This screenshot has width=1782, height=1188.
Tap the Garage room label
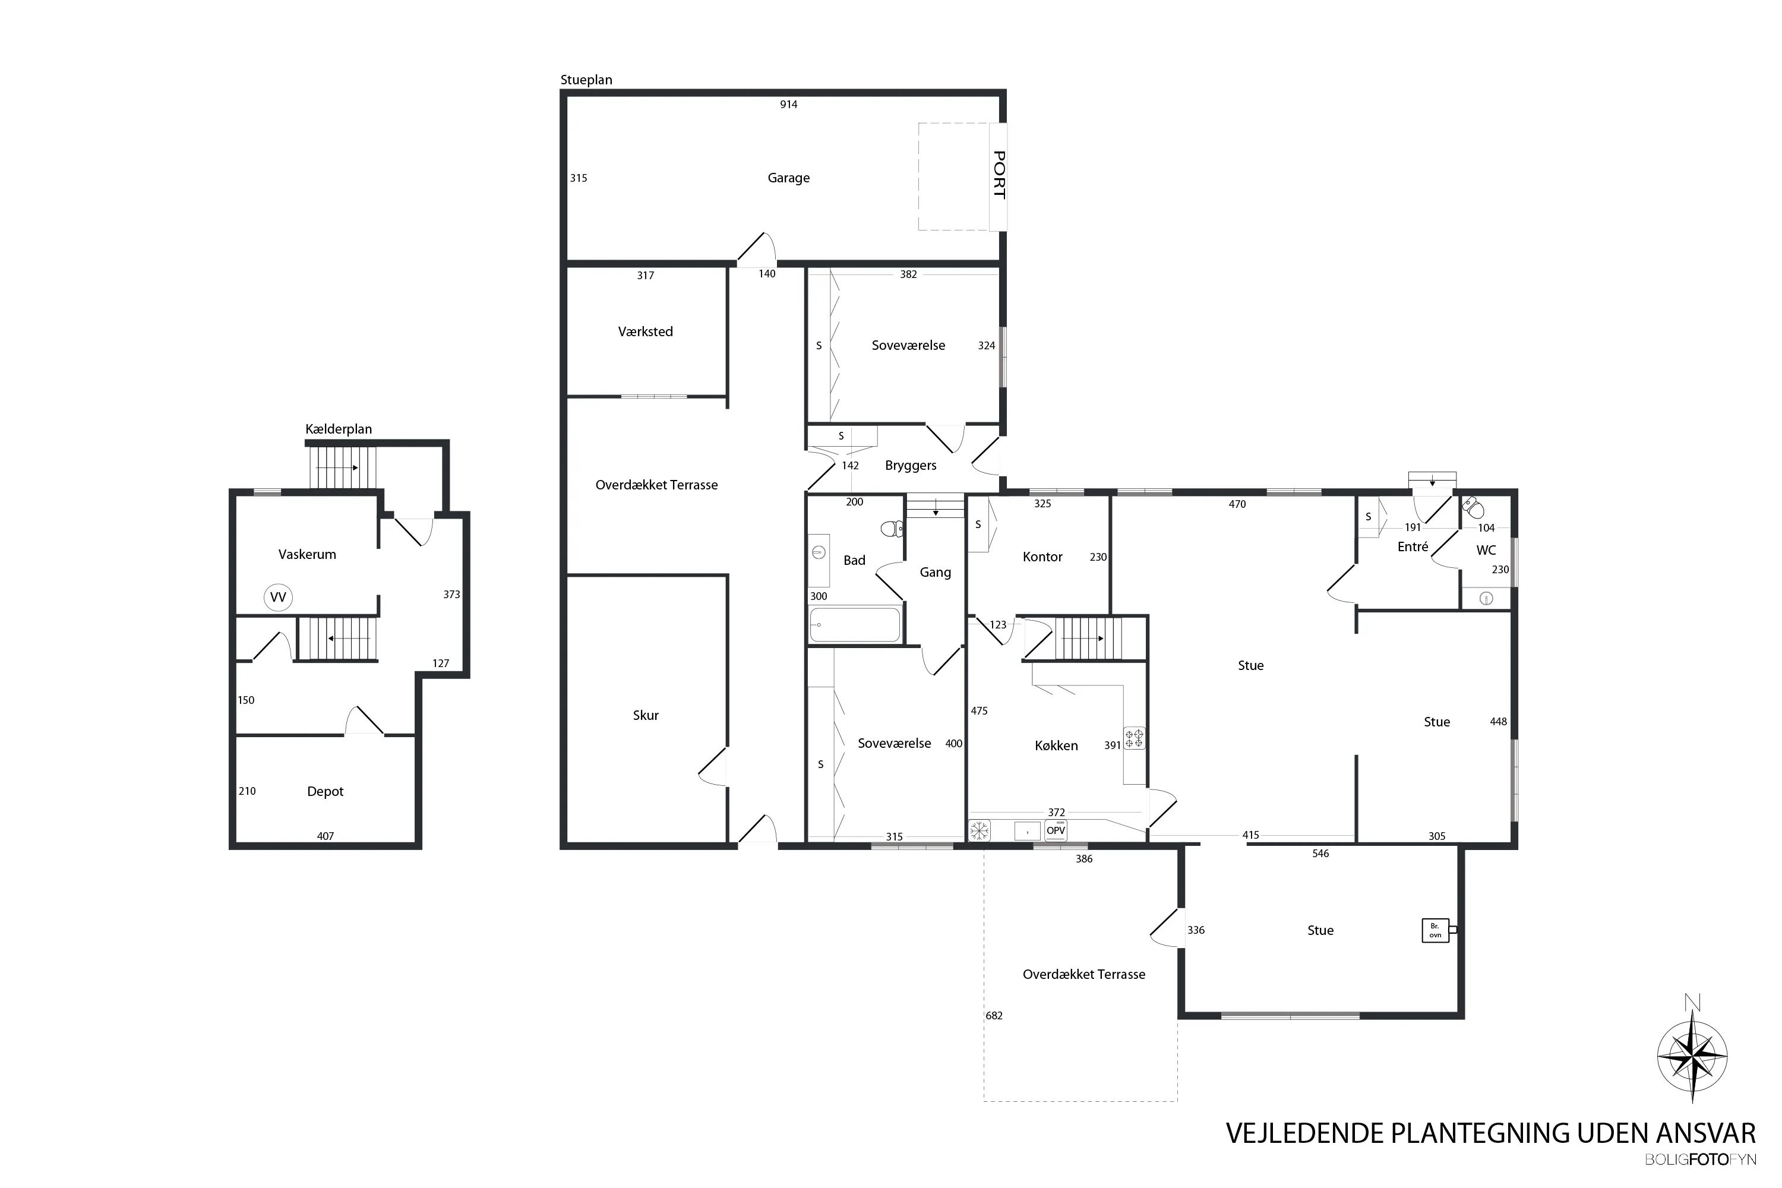coord(789,178)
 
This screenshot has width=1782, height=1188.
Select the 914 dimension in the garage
coord(789,105)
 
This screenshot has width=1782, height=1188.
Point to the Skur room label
coord(646,715)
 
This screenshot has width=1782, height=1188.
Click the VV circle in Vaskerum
coord(278,597)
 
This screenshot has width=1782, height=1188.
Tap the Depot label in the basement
coord(325,792)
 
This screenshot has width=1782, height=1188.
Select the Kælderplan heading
coord(339,429)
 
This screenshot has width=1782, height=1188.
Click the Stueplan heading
coord(586,80)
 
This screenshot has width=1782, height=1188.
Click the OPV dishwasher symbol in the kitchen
coord(1056,830)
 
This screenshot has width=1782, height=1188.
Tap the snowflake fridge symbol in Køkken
coord(980,830)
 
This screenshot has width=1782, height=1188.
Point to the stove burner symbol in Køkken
coord(1134,738)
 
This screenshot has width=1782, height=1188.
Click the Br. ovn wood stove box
coord(1436,930)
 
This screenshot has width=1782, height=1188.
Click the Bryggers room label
coord(911,466)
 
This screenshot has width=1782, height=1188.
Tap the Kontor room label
coord(1042,557)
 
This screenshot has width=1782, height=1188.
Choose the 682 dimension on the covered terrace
coord(994,1016)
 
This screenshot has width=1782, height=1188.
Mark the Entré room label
coord(1413,546)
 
